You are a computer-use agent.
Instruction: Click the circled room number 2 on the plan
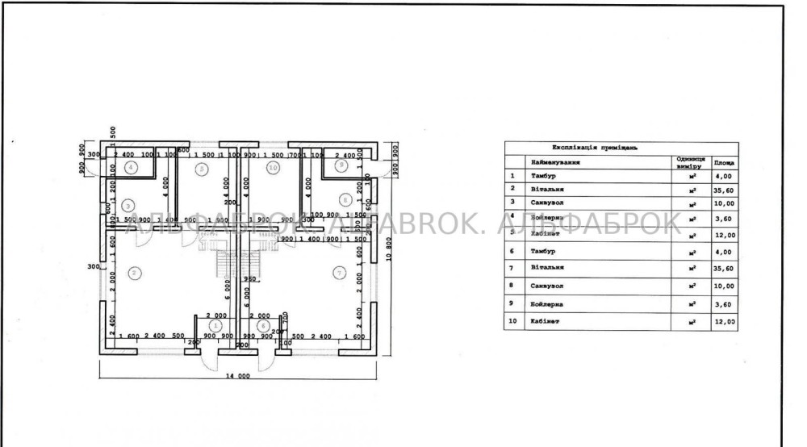tap(135, 272)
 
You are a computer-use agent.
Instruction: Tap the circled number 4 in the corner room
tap(131, 167)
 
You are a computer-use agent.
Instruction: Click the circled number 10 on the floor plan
tap(274, 168)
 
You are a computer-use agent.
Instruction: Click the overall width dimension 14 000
tap(237, 376)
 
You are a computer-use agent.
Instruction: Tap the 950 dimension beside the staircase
tap(250, 279)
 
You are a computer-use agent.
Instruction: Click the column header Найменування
tap(555, 161)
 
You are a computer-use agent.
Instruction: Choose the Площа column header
tap(724, 162)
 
